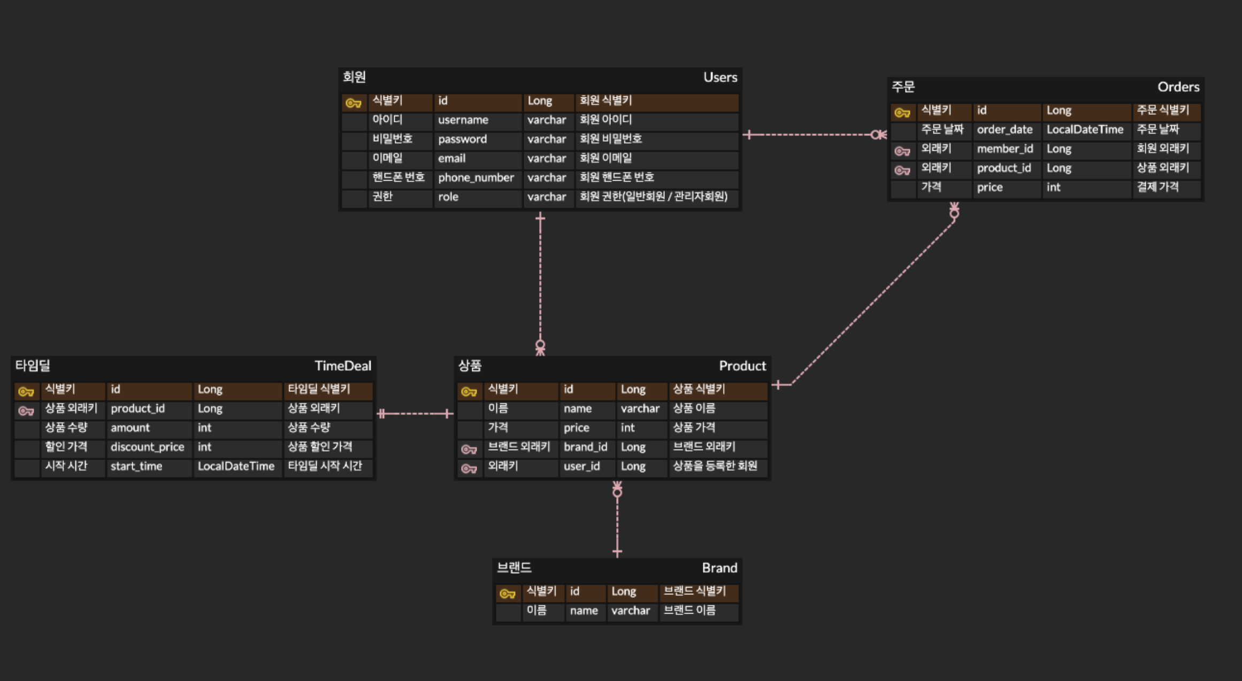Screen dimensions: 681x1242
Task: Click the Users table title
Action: pos(720,78)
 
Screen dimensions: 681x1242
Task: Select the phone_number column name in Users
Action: pos(476,177)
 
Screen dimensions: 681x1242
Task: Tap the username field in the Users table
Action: pos(463,120)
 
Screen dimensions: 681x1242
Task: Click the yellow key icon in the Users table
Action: pos(354,103)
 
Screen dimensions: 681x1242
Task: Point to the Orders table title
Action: pos(1178,87)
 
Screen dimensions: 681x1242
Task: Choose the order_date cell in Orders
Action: pos(1004,129)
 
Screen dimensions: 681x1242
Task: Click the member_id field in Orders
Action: pos(1005,149)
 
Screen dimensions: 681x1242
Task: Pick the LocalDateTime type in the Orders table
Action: pos(1085,129)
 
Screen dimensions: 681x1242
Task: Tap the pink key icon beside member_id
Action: pos(902,151)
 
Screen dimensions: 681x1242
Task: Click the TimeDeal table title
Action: pos(342,366)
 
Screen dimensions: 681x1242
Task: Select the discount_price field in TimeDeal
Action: pos(147,447)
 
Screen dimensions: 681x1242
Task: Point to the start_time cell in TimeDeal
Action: pos(136,466)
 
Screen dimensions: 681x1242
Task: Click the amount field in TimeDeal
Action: pos(130,428)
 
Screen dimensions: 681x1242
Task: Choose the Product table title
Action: pos(742,366)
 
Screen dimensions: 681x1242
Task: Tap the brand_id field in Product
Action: pos(585,447)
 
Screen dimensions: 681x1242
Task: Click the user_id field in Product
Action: pos(581,466)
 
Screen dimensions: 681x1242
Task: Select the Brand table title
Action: pos(719,568)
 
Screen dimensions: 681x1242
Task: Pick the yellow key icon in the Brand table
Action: pos(507,593)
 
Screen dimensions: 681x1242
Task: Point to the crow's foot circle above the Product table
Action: pos(540,345)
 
